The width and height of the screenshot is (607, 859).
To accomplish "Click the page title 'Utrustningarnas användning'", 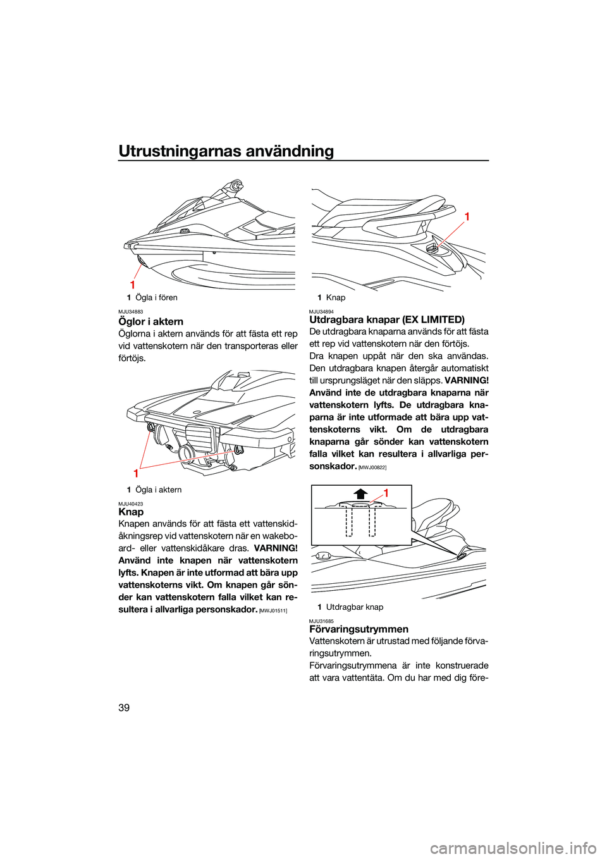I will click(226, 151).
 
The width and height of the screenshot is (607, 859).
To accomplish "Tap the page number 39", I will click(124, 707).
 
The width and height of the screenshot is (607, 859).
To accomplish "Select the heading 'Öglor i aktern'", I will click(150, 321).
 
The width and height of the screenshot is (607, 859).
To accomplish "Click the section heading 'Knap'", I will click(131, 512).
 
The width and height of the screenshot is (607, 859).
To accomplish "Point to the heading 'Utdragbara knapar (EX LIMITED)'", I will click(386, 319).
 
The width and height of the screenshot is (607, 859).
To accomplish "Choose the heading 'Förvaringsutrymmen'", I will click(359, 629).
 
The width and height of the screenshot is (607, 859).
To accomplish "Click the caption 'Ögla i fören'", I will click(156, 297).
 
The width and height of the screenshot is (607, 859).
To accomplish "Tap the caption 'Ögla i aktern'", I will click(158, 490).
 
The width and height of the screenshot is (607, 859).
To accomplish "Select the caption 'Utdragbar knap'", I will click(354, 607).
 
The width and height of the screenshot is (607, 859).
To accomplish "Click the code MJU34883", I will click(130, 312).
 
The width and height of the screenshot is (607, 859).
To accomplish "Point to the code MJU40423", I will click(130, 504).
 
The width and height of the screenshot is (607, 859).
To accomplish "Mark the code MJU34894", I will click(321, 311).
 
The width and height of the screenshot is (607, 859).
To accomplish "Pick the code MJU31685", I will click(321, 621).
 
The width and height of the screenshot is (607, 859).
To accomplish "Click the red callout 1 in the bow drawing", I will click(133, 285).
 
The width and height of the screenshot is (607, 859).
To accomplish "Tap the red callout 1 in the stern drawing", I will click(136, 473).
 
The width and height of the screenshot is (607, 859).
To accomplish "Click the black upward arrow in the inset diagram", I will click(360, 494).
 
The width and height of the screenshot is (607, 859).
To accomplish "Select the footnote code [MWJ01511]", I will click(273, 610).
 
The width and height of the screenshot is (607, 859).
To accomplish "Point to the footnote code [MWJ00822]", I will click(372, 467).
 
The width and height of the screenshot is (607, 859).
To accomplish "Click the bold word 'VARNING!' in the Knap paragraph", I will click(276, 548).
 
